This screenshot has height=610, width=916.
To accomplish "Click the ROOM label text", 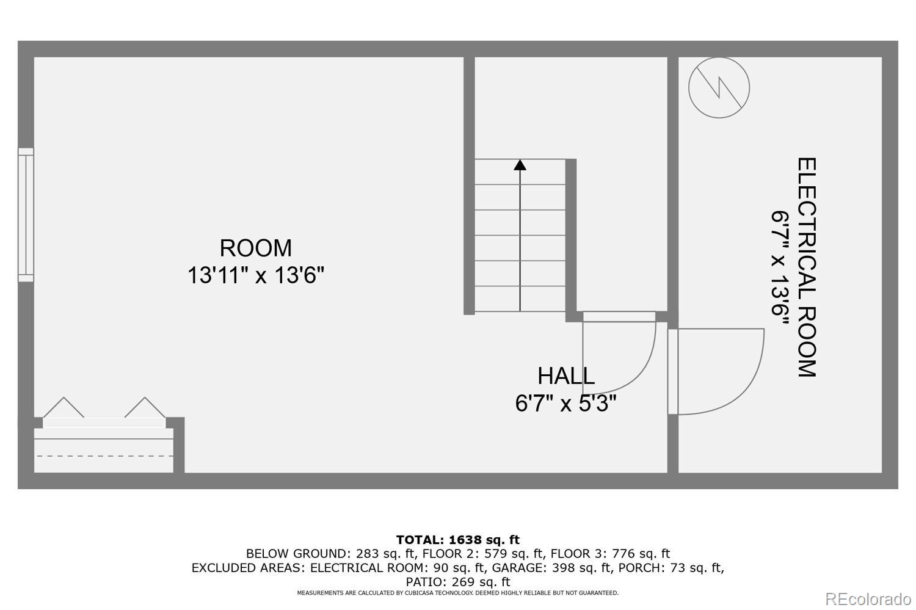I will (255, 248).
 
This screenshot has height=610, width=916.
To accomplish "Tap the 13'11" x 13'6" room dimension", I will (255, 275).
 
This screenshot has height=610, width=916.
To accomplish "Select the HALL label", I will (566, 376).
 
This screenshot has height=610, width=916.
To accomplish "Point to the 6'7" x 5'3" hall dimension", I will (566, 404).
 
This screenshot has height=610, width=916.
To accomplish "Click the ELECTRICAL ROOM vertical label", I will (807, 267).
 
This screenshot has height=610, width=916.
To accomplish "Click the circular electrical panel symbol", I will (719, 87).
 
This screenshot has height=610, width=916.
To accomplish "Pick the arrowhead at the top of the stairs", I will (520, 164).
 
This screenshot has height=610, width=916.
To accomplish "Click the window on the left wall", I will (26, 214).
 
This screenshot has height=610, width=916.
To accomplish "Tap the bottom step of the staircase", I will (520, 299).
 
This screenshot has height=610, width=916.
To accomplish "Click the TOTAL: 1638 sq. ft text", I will (457, 540).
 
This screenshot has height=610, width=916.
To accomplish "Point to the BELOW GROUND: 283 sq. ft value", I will (331, 554).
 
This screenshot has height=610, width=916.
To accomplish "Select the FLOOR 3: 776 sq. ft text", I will (610, 554).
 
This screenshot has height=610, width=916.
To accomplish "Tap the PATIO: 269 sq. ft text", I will (457, 581).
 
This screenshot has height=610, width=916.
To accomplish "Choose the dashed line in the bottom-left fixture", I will (104, 456).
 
